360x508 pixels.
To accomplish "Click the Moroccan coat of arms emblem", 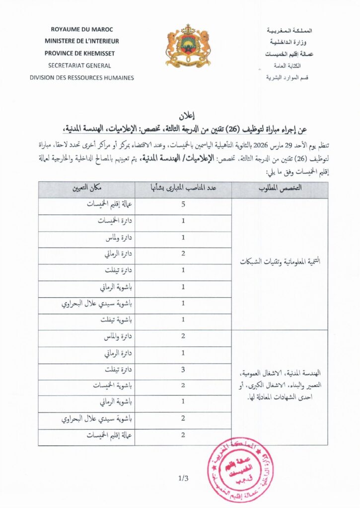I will [188, 46].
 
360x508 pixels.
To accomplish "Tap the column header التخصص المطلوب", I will [280, 190].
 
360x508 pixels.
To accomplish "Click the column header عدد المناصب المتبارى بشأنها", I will [183, 190].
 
